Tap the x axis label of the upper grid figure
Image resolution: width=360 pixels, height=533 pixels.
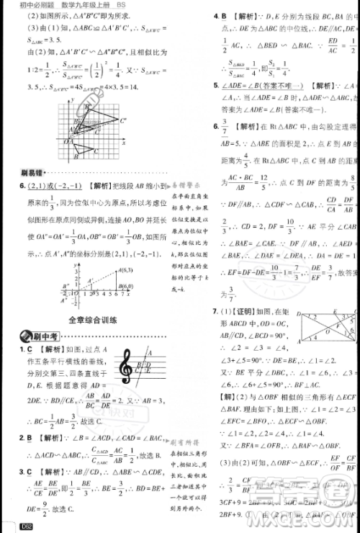pyautogui.click(x=123, y=164)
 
